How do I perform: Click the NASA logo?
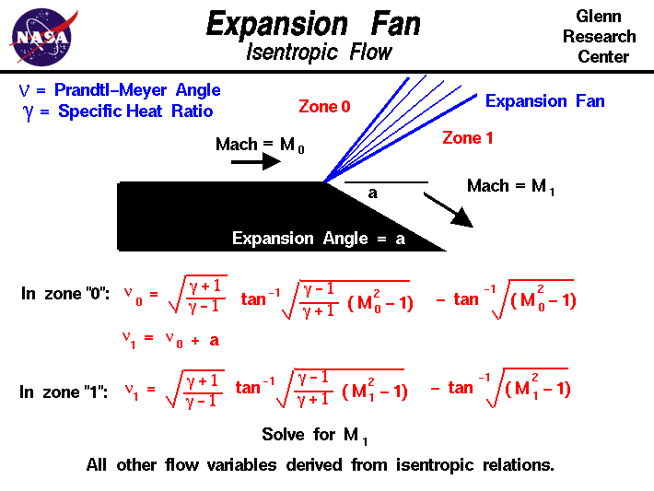coord(41,37)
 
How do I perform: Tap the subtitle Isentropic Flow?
coord(319,52)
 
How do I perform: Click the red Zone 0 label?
coord(324,107)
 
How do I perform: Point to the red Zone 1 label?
coord(467,138)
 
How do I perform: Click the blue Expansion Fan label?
coord(544,101)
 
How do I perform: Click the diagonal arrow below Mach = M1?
coord(450,211)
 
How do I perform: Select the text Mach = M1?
coord(510,187)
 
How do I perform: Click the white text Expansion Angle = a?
coord(319,240)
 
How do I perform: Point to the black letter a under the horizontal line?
coord(372,193)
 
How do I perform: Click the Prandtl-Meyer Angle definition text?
coord(121,90)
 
